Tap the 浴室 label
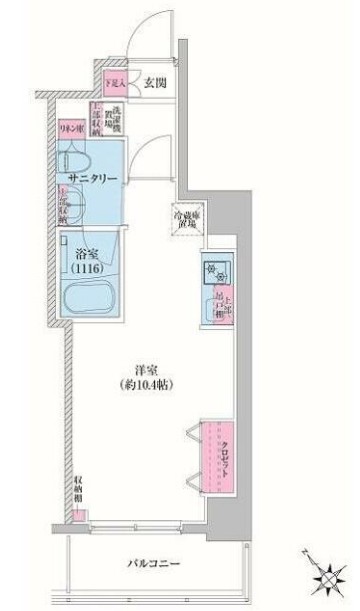[85, 253]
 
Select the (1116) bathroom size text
[86, 269]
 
